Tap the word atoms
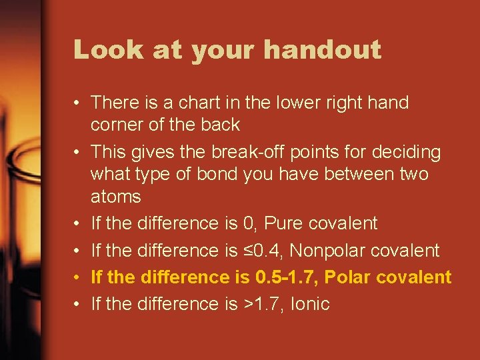click(x=116, y=197)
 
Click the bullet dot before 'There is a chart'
click(x=78, y=103)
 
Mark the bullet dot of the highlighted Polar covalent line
click(x=78, y=277)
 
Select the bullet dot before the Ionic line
click(x=78, y=305)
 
